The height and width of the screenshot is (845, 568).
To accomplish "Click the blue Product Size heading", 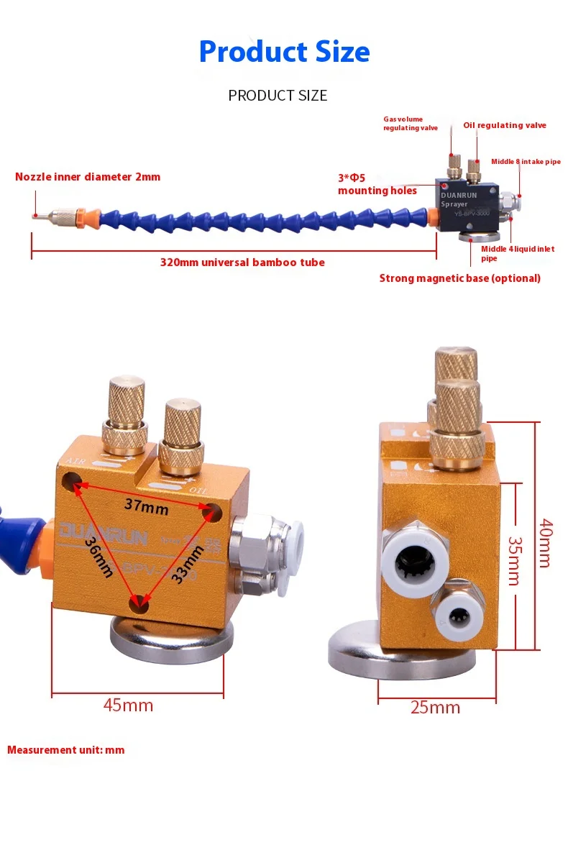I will (x=284, y=52).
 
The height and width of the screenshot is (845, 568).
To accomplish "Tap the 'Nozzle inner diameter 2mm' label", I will (x=88, y=176).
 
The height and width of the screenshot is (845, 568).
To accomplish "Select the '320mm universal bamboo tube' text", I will (x=242, y=262).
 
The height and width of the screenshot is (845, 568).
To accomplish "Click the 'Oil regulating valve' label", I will (x=504, y=125).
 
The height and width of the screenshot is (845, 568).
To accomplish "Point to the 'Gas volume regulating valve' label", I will (x=410, y=124).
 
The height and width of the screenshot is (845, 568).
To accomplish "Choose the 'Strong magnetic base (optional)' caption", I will (x=459, y=278).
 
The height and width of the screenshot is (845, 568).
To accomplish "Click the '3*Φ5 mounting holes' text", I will (x=377, y=186).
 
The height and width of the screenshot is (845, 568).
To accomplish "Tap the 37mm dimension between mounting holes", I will (x=146, y=505).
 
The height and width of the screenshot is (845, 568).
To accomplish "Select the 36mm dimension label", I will (x=99, y=557).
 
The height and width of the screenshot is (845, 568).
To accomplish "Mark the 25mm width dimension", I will (x=435, y=707).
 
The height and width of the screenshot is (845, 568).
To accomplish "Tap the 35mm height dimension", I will (x=514, y=561).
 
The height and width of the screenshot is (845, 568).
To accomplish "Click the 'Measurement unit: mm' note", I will (x=65, y=750).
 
